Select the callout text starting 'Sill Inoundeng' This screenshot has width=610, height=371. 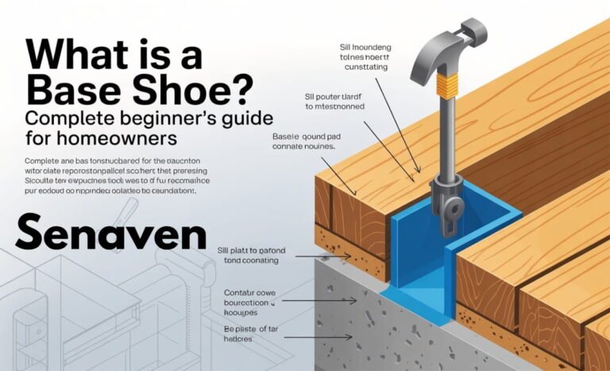pyautogui.click(x=362, y=59)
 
